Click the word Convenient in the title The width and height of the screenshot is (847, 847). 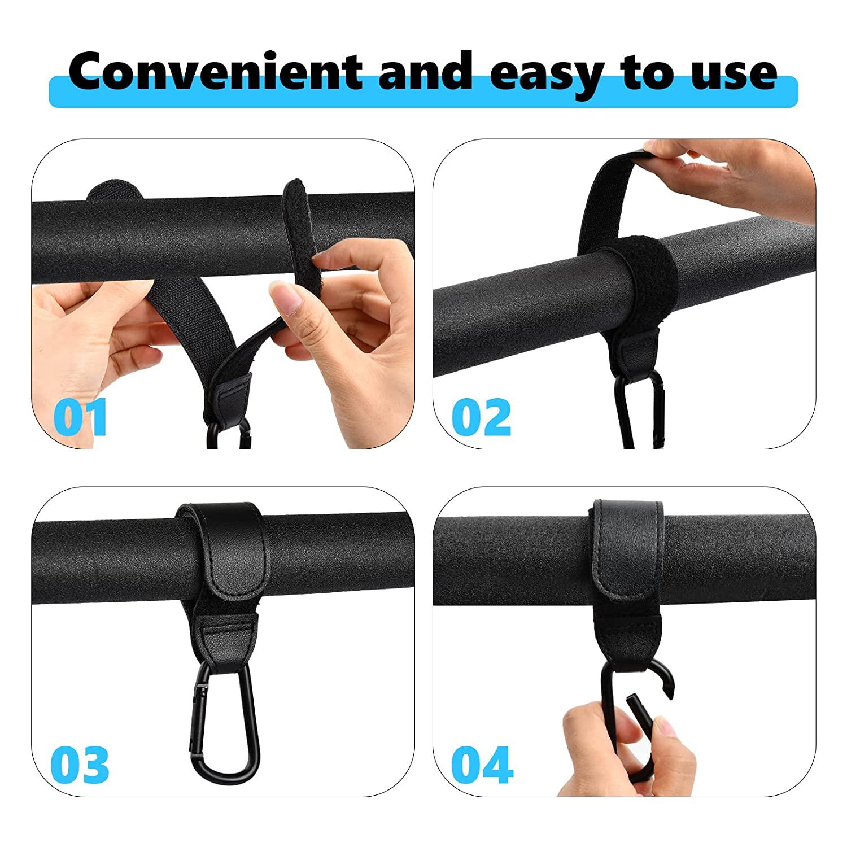coord(215,72)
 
